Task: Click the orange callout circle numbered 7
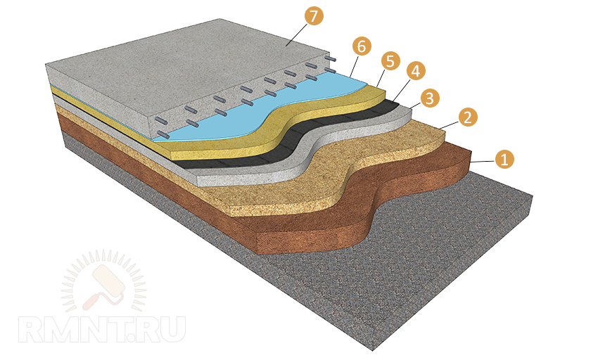[x=314, y=16]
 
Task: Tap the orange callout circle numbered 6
[x=362, y=46]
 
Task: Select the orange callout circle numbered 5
[x=390, y=61]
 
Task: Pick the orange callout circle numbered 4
[x=416, y=71]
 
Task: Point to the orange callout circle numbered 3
[x=430, y=98]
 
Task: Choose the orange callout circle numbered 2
[x=468, y=117]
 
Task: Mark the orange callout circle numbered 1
[x=504, y=159]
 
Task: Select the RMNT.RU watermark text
[x=102, y=329]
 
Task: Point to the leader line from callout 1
[x=483, y=161]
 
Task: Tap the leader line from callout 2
[x=449, y=125]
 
